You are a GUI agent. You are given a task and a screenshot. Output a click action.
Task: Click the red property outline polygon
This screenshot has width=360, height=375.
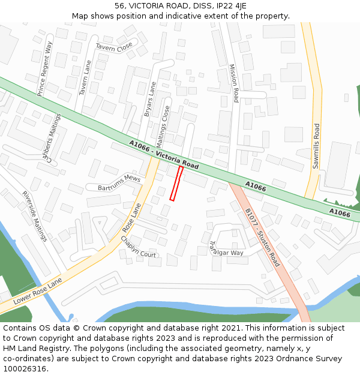[x=176, y=184]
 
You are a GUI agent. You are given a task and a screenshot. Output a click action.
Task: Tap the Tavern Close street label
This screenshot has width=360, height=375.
[x=114, y=46]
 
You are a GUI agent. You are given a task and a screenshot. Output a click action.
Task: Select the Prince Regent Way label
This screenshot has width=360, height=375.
[x=45, y=69]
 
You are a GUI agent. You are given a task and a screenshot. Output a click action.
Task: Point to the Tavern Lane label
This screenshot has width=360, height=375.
[x=85, y=78]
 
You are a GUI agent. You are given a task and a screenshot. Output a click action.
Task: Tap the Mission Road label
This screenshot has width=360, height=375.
[x=234, y=83]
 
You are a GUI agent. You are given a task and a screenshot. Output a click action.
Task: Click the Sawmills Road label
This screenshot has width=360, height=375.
[x=316, y=146]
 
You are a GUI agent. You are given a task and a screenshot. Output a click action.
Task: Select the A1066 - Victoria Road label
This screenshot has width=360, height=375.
[x=163, y=153]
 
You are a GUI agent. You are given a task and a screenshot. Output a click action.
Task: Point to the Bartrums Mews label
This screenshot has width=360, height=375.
[x=119, y=184]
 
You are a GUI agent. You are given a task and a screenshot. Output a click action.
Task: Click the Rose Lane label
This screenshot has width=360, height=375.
[x=132, y=218]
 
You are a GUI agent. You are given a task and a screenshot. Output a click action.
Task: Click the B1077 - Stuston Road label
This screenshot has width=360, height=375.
[x=262, y=237]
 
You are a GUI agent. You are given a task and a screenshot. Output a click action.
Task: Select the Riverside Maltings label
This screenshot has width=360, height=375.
[x=34, y=216]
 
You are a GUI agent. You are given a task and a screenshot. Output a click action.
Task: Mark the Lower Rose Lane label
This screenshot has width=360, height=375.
[x=38, y=290]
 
